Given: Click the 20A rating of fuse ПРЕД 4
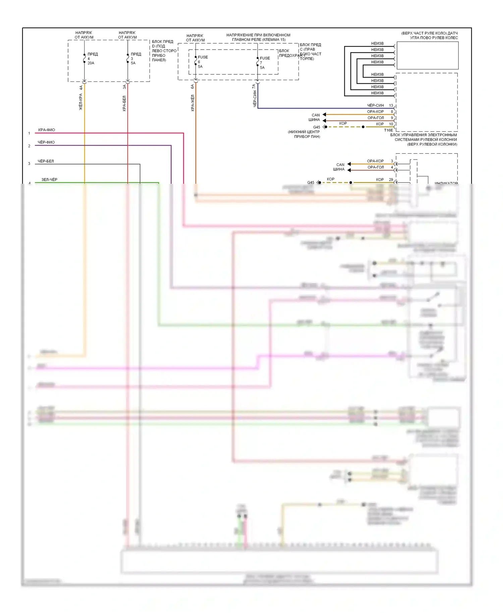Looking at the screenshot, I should point(91,63).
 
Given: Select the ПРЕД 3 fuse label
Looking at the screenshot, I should point(136,54).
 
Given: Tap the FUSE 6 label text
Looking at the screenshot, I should point(203,57).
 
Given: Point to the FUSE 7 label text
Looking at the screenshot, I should point(265,58).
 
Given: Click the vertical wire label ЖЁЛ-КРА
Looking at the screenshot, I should point(81,102).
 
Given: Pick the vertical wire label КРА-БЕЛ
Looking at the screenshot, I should point(124,103).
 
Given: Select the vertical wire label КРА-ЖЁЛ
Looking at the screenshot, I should point(192,103).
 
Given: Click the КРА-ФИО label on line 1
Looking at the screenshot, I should point(47,130).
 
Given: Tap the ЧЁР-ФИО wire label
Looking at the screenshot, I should point(46,142).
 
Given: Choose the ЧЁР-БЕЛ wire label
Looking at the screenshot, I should point(46,161).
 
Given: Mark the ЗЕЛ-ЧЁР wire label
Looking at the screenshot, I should point(49,180).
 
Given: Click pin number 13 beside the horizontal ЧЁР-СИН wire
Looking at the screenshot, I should point(391,105).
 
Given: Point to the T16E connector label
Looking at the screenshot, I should point(388,130).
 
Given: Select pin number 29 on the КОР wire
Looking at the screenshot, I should point(391,179).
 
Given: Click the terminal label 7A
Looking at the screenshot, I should point(254,87).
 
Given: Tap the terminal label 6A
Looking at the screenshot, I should point(192,87).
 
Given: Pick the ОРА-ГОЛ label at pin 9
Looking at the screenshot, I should point(376,118).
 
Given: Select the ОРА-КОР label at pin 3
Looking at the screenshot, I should point(375,161).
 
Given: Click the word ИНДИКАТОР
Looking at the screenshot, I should point(446,183).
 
